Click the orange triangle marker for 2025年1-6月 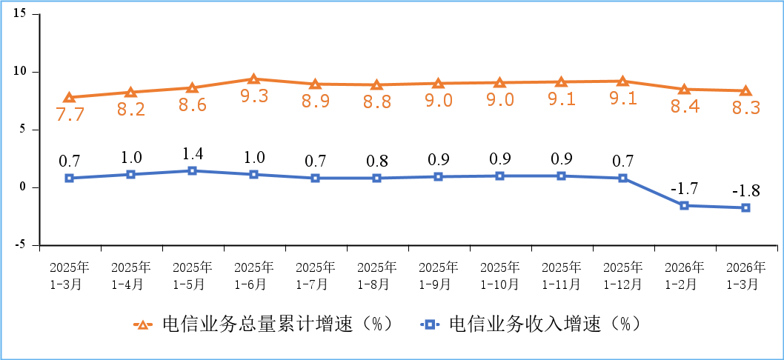point(253,79)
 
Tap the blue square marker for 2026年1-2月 point(684,205)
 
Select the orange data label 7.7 point(69,114)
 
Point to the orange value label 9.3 point(253,96)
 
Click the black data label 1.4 point(192,154)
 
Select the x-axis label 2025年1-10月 point(499,275)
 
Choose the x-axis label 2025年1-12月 point(622,275)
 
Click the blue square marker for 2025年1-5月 point(192,170)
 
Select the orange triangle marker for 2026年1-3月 point(745,90)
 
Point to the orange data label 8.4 point(684,107)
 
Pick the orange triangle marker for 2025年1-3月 point(69,97)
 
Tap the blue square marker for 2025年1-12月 point(622,178)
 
